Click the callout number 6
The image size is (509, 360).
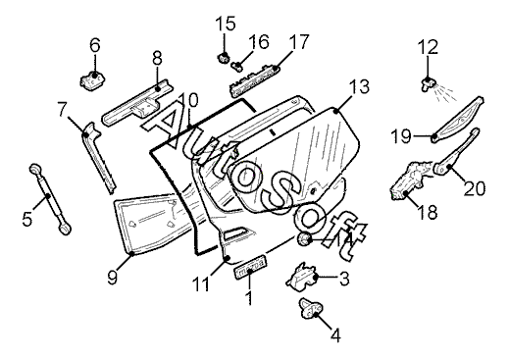95,45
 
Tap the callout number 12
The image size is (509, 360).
428,47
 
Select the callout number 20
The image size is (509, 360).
475,188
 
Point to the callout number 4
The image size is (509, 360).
335,335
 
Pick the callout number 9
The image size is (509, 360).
112,278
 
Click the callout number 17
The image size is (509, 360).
299,41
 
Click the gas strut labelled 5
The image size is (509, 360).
50,199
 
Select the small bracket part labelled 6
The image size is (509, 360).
93,79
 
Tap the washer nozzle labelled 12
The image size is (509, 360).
427,84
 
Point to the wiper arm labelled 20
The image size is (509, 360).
456,151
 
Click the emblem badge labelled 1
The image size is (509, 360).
251,268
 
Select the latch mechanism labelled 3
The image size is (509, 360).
302,278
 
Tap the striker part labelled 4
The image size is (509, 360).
310,308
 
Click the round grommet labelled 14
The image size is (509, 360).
304,239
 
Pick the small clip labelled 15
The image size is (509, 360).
224,58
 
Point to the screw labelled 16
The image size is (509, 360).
237,66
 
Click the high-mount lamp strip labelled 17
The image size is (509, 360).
253,81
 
